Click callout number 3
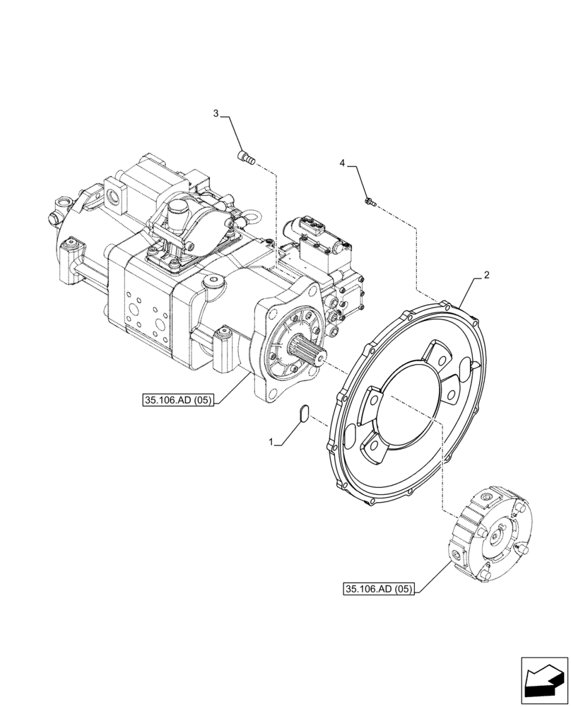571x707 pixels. [x=217, y=113]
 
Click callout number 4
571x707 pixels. [x=343, y=163]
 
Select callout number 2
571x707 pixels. [x=485, y=274]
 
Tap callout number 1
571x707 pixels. [x=271, y=442]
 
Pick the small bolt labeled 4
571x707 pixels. [x=369, y=203]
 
